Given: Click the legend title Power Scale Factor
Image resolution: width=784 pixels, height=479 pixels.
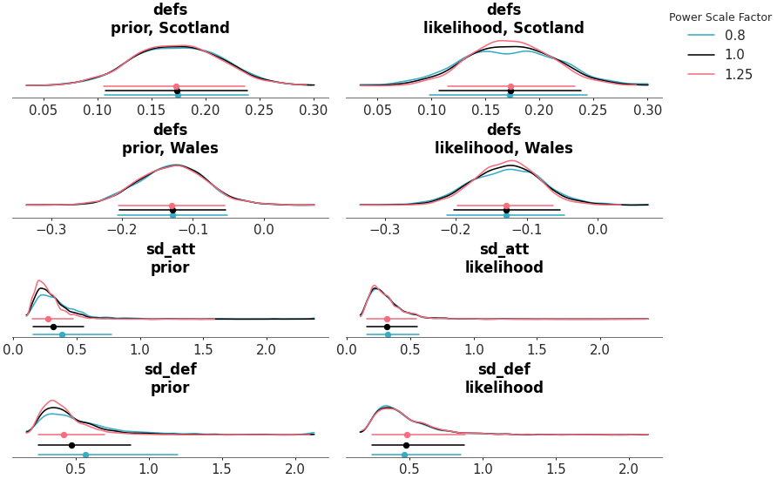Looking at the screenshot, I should [720, 17].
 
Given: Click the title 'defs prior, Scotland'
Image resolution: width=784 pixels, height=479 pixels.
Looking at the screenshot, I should [170, 19].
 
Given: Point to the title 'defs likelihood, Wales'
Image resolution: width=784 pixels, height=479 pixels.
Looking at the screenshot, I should [504, 139].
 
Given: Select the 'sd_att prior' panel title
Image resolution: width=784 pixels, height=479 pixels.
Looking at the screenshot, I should [170, 259].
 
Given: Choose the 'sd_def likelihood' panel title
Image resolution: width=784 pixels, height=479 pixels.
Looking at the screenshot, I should [504, 379].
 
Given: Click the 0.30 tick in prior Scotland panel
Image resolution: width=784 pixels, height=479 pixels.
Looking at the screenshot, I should [314, 111].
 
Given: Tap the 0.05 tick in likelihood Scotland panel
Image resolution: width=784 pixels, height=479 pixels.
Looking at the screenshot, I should [377, 111].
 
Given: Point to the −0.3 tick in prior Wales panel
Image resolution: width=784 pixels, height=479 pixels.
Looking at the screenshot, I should [51, 230].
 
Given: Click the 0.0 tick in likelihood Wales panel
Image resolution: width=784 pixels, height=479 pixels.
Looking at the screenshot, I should [598, 230].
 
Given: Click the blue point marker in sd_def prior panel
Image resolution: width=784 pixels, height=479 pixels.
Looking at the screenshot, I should [85, 455].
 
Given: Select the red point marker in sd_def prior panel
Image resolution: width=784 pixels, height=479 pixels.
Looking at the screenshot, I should [64, 435].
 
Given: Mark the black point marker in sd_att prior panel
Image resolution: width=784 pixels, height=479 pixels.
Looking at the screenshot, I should [53, 327].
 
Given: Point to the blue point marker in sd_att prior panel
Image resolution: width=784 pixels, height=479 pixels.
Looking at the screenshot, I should [62, 334].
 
